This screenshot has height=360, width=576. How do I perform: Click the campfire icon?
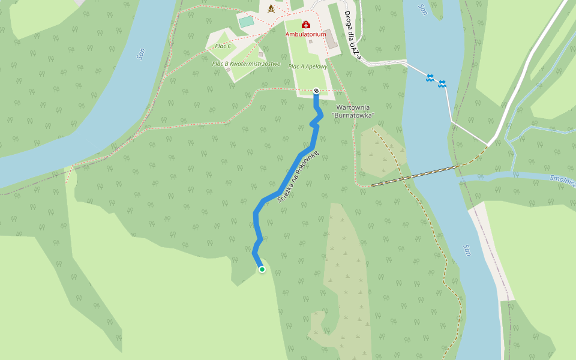pyautogui.click(x=271, y=8)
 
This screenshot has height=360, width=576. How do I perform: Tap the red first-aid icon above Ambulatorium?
pyautogui.click(x=305, y=25)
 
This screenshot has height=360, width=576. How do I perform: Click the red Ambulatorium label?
pyautogui.click(x=305, y=34)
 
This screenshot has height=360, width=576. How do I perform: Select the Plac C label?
pyautogui.click(x=223, y=46)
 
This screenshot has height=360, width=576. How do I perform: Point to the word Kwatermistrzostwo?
pyautogui.click(x=255, y=64)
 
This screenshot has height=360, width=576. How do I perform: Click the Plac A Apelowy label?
pyautogui.click(x=308, y=67)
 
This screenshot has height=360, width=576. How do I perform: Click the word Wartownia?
pyautogui.click(x=353, y=107)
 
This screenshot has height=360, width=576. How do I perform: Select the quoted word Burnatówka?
pyautogui.click(x=353, y=115)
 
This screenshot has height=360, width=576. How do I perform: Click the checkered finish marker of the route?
pyautogui.click(x=316, y=91)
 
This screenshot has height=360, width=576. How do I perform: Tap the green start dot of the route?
pyautogui.click(x=262, y=269)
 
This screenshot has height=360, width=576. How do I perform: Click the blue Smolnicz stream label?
pyautogui.click(x=562, y=180)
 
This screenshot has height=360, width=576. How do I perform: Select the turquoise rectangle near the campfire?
pyautogui.click(x=246, y=22)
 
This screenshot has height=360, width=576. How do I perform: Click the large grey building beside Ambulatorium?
pyautogui.click(x=331, y=39)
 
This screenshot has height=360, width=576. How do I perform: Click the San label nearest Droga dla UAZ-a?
pyautogui.click(x=424, y=9)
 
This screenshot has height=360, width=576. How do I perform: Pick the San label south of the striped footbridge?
pyautogui.click(x=466, y=249)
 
